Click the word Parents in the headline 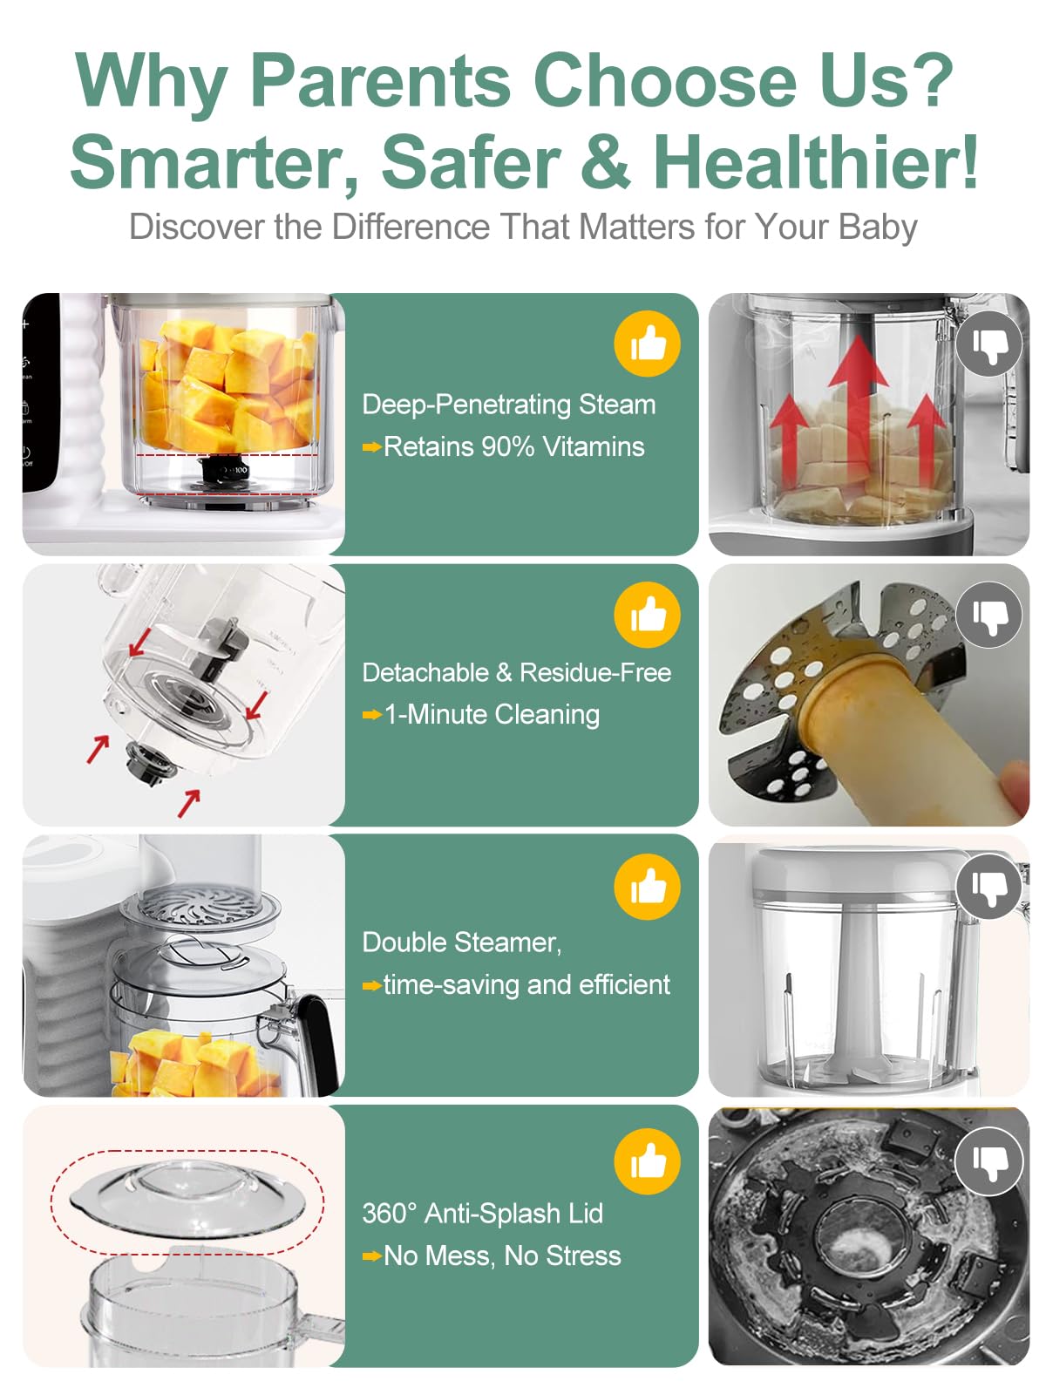pos(380,81)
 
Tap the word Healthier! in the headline pos(816,161)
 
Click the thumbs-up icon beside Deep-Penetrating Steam pos(647,344)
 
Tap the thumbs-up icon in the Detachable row pos(647,615)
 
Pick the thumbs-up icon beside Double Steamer pos(647,886)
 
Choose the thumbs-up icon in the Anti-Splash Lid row pos(647,1161)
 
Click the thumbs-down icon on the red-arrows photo pos(988,344)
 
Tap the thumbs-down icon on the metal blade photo pos(988,615)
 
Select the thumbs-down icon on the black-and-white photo pos(988,1161)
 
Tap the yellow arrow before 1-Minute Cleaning pos(371,716)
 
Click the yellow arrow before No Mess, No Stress pos(371,1256)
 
